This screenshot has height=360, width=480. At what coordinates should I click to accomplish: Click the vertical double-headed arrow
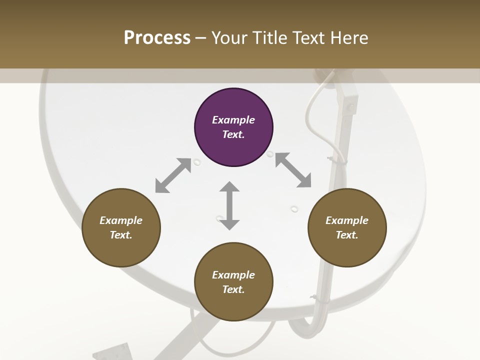tap(229, 206)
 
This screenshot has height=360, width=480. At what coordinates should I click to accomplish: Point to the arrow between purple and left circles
tap(173, 175)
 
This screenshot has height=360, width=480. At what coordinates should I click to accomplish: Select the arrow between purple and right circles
tap(293, 170)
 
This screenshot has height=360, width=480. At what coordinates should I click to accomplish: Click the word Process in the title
tap(157, 37)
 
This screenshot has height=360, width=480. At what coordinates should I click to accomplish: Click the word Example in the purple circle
tap(233, 120)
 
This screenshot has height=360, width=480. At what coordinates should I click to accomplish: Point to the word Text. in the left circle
tap(121, 235)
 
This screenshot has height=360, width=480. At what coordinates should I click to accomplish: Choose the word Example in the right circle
tap(347, 220)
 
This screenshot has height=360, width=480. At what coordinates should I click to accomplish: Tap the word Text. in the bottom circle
tap(233, 289)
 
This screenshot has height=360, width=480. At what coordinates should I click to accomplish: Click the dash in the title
tap(201, 37)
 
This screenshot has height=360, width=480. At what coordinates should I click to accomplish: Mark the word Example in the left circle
tap(121, 220)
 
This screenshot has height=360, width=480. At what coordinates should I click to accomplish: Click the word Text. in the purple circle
tap(233, 134)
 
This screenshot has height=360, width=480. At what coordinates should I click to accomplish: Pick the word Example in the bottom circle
tap(233, 275)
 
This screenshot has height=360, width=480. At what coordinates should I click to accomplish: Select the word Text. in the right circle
tap(347, 235)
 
